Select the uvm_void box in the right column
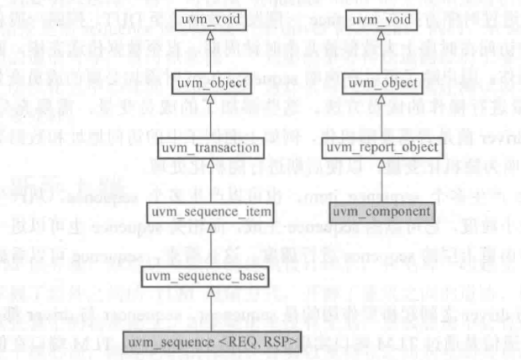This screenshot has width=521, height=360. [x=383, y=19]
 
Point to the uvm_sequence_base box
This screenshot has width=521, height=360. [x=197, y=275]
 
